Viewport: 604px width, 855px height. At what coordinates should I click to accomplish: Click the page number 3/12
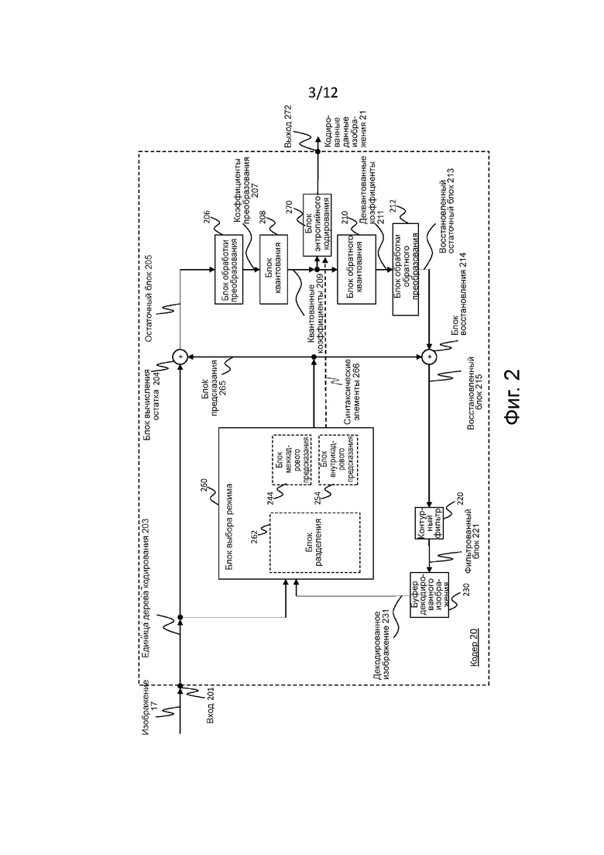coord(323,94)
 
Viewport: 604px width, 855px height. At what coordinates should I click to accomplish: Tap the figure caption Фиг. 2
coord(512,396)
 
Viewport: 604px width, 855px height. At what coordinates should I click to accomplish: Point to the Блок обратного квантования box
coord(355,268)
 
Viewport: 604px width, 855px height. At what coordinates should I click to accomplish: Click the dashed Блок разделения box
coord(314,543)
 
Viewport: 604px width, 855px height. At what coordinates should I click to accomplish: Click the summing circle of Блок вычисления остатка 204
coord(179,357)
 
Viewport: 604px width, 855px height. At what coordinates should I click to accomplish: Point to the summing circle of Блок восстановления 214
coord(429,357)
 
